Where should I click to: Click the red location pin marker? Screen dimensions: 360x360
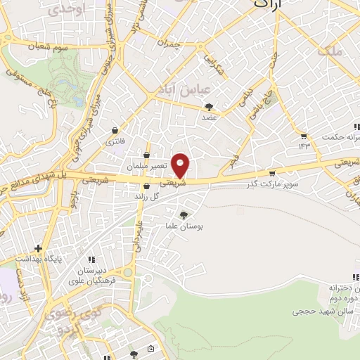pos(181,165)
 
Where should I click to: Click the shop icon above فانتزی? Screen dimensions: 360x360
pos(114,131)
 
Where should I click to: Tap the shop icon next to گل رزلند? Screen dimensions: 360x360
pos(146,186)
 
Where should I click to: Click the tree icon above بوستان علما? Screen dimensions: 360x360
pos(184,214)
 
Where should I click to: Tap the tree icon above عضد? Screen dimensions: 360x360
pos(209,108)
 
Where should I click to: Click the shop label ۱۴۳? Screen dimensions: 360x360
pos(304,146)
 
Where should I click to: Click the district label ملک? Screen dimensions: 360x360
pos(329,51)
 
